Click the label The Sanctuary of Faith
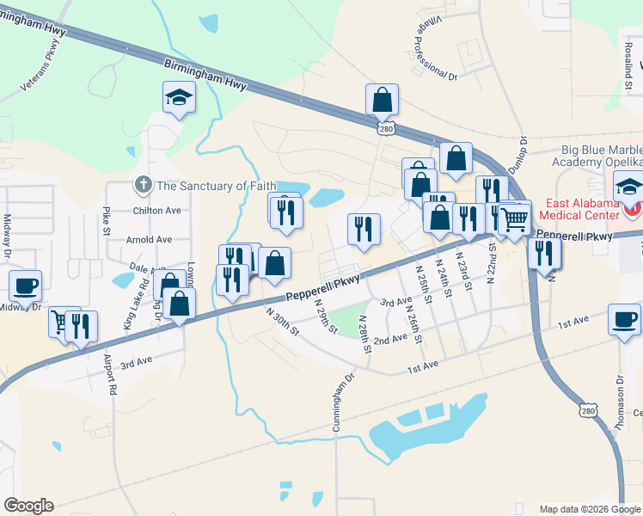pos(216,186)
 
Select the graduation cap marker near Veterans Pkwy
pos(180,99)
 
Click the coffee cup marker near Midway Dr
pos(25,288)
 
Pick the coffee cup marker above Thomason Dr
pos(624,320)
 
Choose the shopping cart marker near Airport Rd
pos(62,322)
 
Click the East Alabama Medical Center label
pos(583,209)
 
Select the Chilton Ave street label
pos(156,211)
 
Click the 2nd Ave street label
pos(390,340)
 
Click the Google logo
pos(28,506)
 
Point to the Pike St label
pos(107,221)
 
